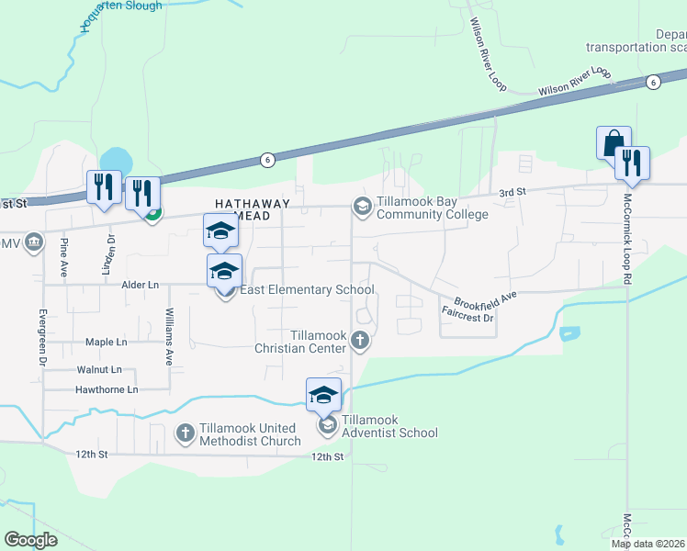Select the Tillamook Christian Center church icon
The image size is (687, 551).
[359, 342]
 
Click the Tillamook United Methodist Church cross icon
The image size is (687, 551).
[185, 432]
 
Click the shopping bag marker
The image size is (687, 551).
[614, 144]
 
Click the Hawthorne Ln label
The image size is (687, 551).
[106, 389]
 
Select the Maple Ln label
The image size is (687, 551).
[106, 342]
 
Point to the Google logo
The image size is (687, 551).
[31, 539]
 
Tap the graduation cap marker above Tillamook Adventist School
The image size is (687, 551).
[323, 396]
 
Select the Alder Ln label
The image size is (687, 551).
[140, 286]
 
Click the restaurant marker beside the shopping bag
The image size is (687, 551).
[632, 163]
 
